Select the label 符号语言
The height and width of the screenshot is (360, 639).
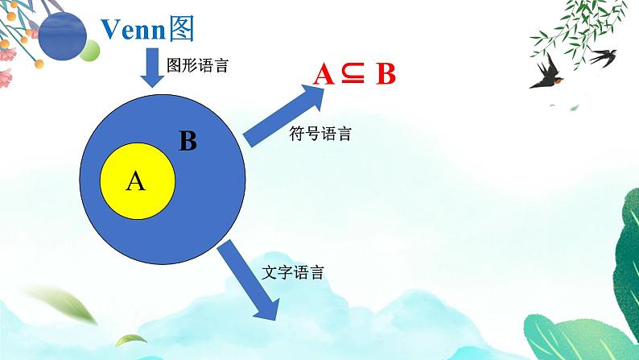[319, 134]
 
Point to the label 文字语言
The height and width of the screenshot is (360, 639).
[294, 272]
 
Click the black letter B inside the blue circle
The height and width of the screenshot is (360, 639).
[188, 143]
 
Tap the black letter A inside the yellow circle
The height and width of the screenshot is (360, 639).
[136, 182]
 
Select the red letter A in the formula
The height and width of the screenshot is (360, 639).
[324, 75]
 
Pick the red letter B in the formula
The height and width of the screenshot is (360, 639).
[385, 75]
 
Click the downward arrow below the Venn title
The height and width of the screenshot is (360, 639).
[151, 68]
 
